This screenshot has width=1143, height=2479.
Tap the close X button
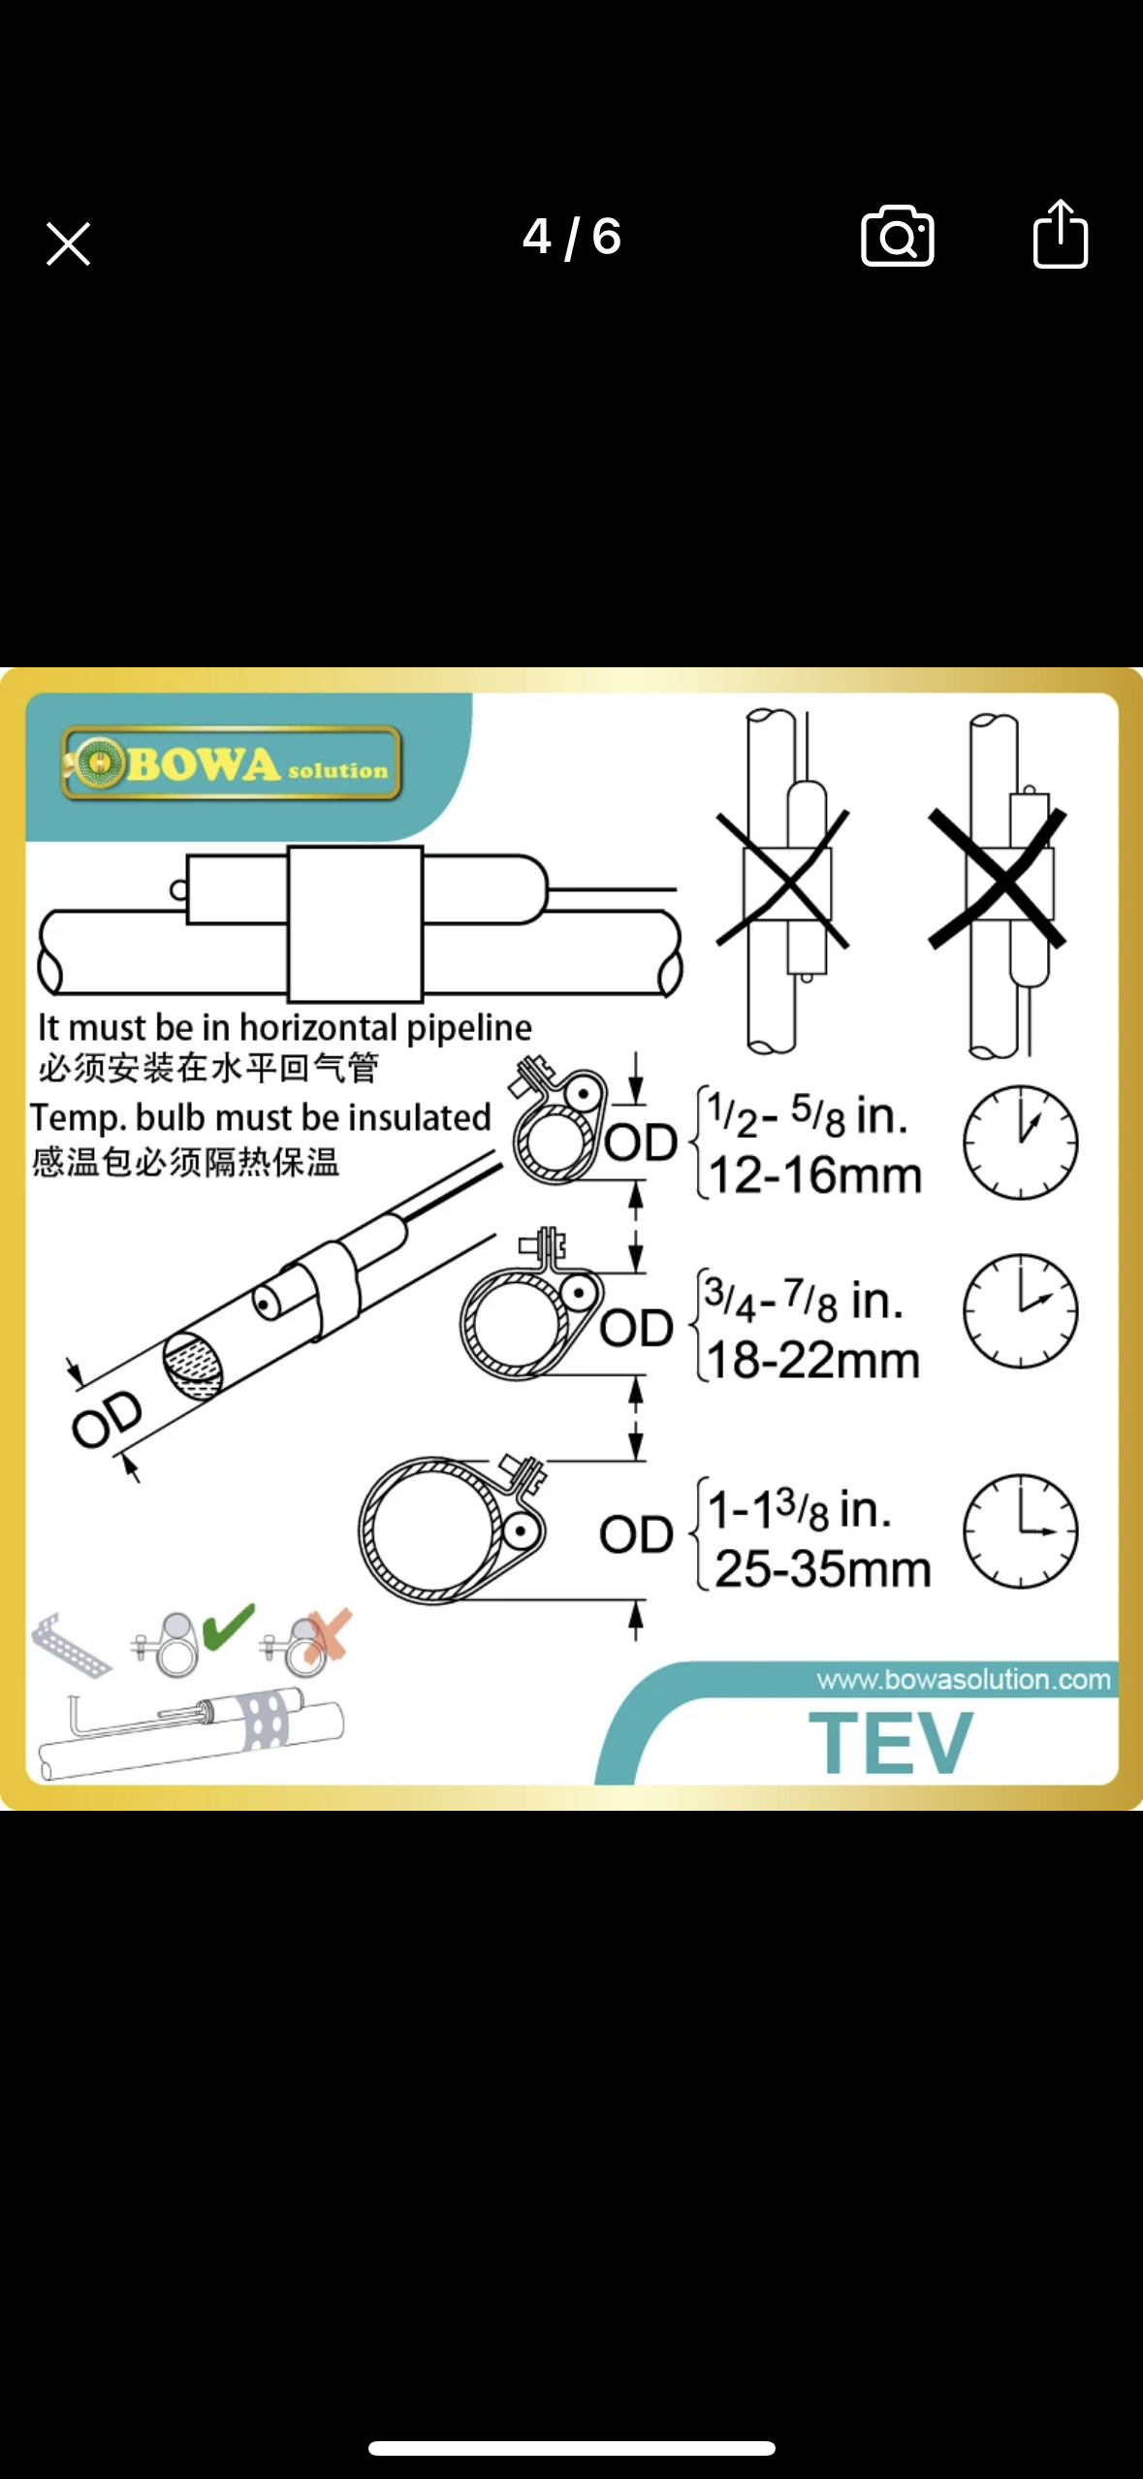point(68,243)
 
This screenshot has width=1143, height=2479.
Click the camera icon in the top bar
point(897,236)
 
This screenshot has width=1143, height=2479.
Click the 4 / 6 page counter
point(572,237)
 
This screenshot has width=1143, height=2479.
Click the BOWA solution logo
point(232,763)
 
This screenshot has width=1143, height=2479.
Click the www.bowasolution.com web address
point(964,1679)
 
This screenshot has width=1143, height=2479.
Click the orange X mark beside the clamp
point(328,1635)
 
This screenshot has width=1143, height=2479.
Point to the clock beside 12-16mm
point(1020,1143)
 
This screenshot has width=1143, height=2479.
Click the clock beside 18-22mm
point(1020,1311)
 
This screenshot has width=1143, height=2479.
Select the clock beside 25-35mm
point(1020,1531)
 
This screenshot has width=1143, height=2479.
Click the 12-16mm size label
point(815,1175)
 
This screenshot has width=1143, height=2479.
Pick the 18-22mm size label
point(813,1361)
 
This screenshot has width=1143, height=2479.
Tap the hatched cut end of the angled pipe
point(192,1368)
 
